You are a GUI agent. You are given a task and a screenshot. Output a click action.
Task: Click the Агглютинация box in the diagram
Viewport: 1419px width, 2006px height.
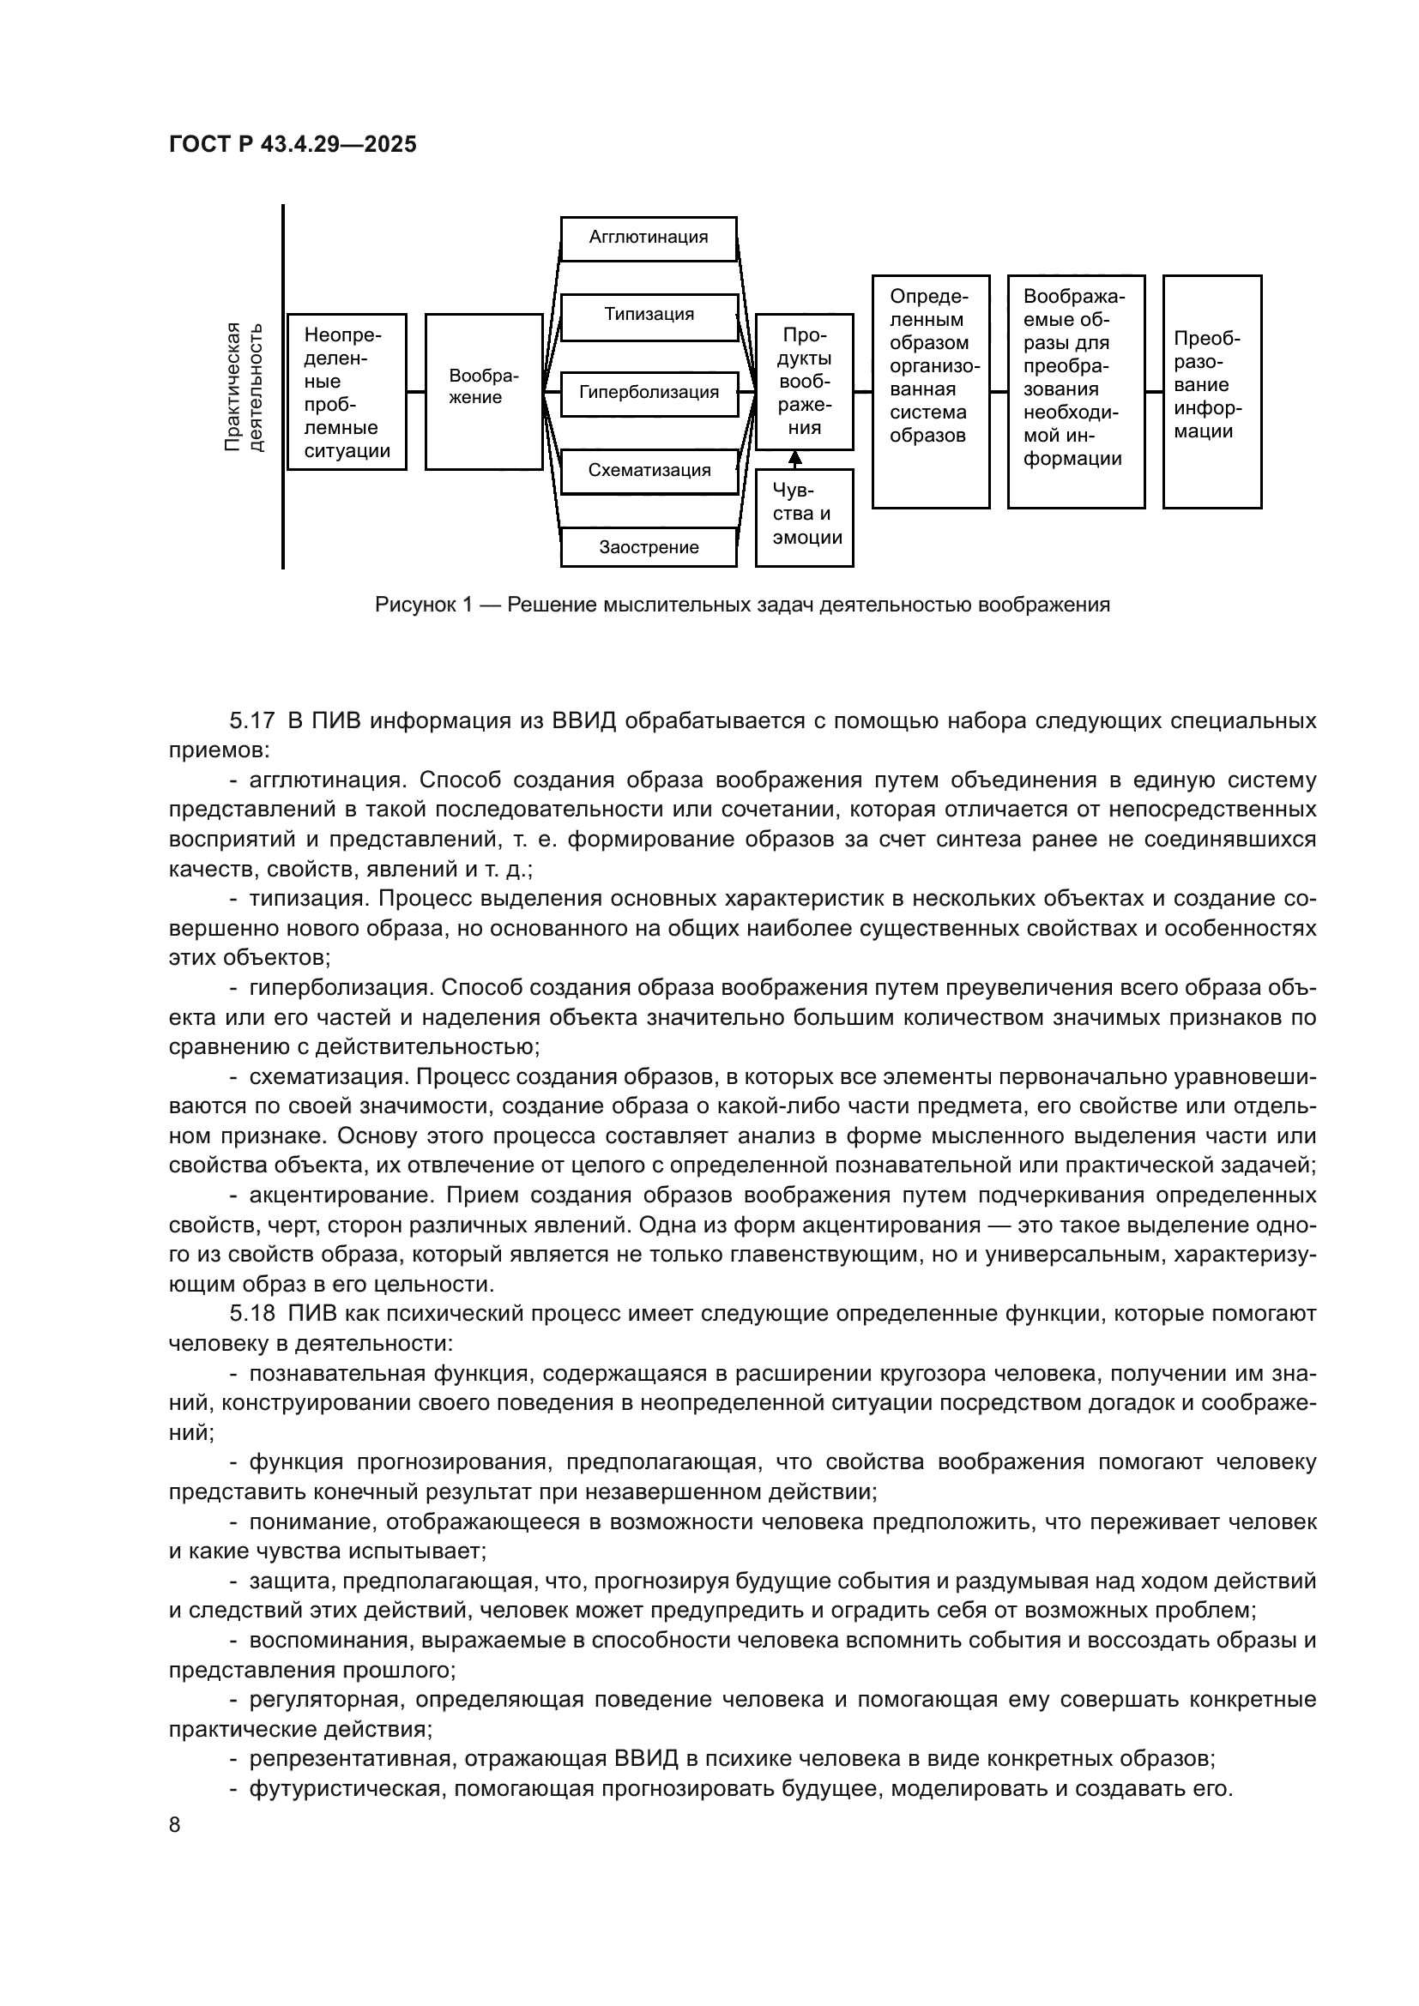pyautogui.click(x=649, y=238)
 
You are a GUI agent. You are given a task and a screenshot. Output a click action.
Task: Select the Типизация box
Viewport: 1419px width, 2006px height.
pyautogui.click(x=649, y=316)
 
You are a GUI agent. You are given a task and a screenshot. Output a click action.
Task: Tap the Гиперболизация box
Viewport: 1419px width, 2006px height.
pyautogui.click(x=649, y=392)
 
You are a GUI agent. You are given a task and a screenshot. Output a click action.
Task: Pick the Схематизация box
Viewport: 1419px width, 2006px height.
pyautogui.click(x=649, y=470)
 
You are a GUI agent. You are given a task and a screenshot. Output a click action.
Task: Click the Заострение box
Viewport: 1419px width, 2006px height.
pyautogui.click(x=649, y=548)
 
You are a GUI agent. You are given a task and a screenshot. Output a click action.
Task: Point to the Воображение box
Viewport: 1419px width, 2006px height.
pyautogui.click(x=484, y=390)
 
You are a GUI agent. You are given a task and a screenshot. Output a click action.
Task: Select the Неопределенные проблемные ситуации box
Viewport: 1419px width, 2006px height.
pyautogui.click(x=347, y=391)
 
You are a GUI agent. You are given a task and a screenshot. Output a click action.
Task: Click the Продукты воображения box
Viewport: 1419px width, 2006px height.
pyautogui.click(x=804, y=381)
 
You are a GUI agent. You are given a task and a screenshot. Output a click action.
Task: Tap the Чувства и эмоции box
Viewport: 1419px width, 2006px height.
pyautogui.click(x=804, y=518)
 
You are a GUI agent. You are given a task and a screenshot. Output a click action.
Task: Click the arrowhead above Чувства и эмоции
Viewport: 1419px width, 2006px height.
pyautogui.click(x=794, y=457)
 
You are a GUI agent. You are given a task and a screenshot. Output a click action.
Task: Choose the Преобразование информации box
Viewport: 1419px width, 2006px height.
pyautogui.click(x=1212, y=391)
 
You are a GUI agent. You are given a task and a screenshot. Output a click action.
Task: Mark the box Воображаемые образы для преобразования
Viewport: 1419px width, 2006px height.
pyautogui.click(x=1076, y=391)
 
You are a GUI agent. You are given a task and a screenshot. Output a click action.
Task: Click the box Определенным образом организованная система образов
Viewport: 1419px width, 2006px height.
pyautogui.click(x=931, y=391)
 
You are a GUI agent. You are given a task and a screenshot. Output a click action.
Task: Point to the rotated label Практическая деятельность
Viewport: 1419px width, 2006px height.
pyautogui.click(x=244, y=387)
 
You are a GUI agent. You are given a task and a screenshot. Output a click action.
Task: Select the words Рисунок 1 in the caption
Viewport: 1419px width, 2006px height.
pyautogui.click(x=423, y=605)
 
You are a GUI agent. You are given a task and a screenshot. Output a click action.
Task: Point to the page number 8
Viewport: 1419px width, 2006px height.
pyautogui.click(x=175, y=1825)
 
